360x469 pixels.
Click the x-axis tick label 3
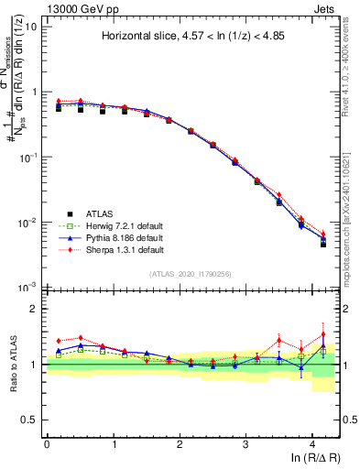click(246, 443)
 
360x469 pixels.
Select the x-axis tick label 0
click(47, 443)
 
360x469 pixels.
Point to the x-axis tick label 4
click(312, 443)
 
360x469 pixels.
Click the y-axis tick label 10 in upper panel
click(30, 27)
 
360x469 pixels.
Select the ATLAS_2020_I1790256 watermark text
click(191, 273)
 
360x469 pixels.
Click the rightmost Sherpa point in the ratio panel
click(322, 334)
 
